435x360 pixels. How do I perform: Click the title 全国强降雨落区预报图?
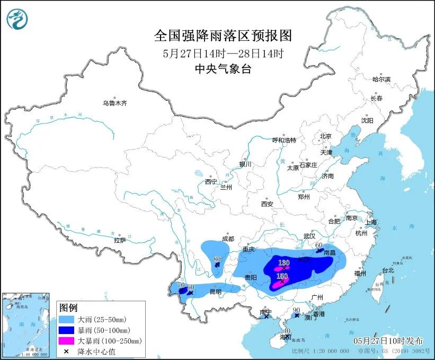(223, 36)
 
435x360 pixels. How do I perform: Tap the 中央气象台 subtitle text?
(223, 68)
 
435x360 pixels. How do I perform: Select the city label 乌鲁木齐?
(115, 103)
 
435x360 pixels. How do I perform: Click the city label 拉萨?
(120, 240)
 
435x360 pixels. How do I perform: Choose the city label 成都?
(227, 239)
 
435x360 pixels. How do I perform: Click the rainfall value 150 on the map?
(282, 276)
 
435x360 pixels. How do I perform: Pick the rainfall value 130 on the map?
(284, 263)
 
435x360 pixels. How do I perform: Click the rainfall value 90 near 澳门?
(297, 310)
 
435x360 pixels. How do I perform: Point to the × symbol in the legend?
(67, 351)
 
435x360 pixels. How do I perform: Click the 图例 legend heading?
(68, 308)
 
